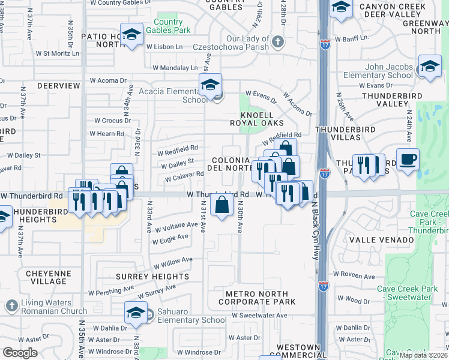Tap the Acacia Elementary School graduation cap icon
[210, 86]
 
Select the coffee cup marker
[408, 160]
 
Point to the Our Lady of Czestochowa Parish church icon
[277, 41]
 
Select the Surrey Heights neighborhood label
[157, 277]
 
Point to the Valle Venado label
[389, 240]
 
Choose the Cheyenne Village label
[46, 277]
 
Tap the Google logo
[20, 353]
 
